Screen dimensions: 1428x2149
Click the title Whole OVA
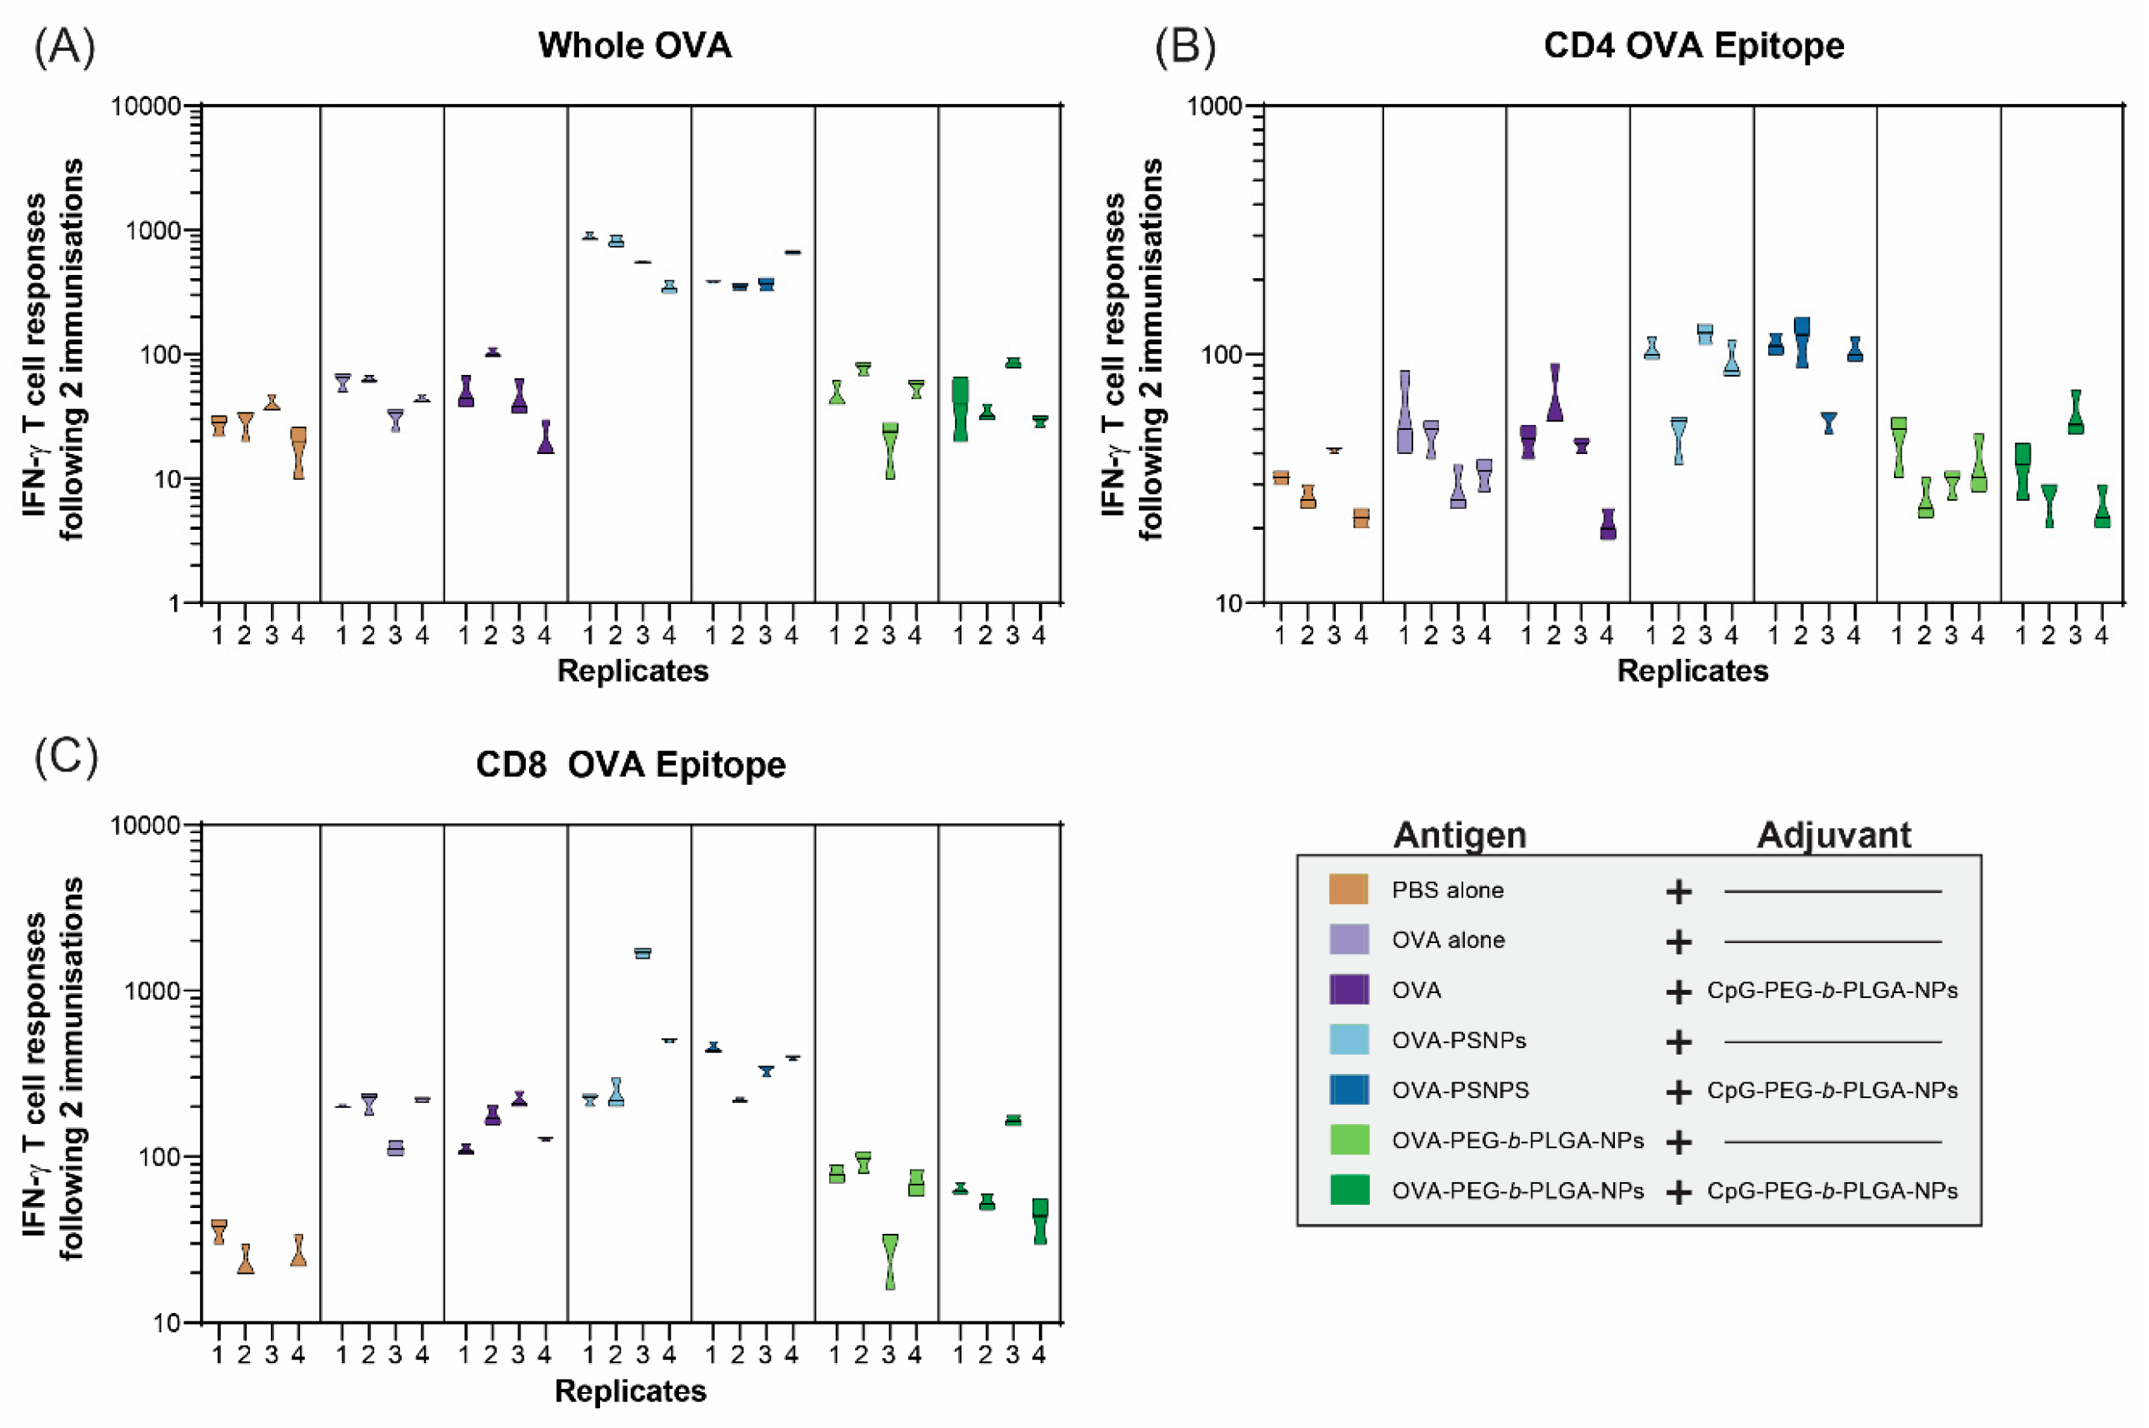pos(635,46)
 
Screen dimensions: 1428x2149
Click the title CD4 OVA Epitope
pos(1693,46)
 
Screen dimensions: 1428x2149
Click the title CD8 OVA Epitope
pos(630,764)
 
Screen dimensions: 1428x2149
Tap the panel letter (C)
pos(66,756)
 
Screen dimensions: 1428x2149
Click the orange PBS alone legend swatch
pos(1347,890)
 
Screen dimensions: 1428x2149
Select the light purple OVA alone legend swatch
pos(1347,940)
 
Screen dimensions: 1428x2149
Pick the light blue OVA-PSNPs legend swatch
pos(1347,1040)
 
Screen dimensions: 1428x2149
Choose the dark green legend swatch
pos(1347,1191)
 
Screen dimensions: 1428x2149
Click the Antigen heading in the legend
pos(1459,835)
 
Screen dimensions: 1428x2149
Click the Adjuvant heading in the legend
pos(1833,835)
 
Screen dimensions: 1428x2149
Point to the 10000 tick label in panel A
pos(146,107)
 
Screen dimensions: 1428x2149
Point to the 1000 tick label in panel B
pos(1215,107)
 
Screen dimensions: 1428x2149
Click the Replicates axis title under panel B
pos(1692,672)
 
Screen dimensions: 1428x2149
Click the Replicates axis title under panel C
pos(630,1391)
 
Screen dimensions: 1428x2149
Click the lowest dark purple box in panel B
pos(1607,526)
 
